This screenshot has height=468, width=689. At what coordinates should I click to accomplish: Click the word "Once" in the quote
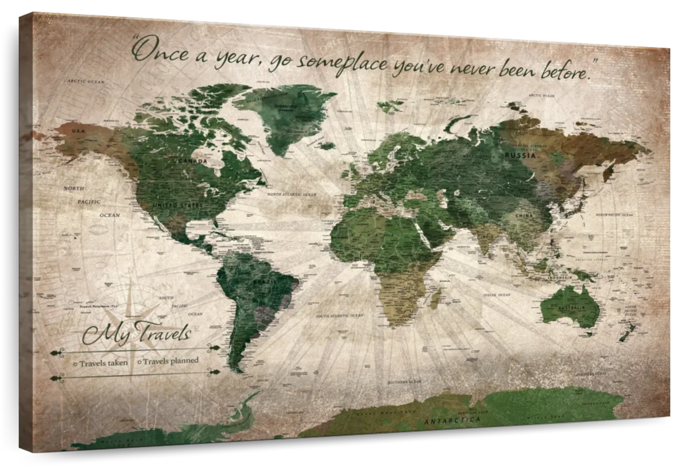point(156,50)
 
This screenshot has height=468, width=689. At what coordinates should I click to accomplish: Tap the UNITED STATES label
point(178,205)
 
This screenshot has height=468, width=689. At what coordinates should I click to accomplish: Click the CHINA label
point(524,216)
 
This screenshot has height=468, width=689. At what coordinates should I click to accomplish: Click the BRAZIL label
point(261,282)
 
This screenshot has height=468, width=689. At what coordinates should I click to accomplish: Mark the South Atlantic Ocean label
point(339,315)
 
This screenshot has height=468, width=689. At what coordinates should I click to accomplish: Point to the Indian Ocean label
point(497,295)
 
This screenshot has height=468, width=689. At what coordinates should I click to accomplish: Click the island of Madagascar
point(436,299)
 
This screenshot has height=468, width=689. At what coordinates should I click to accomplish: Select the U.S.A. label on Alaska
point(78,131)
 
